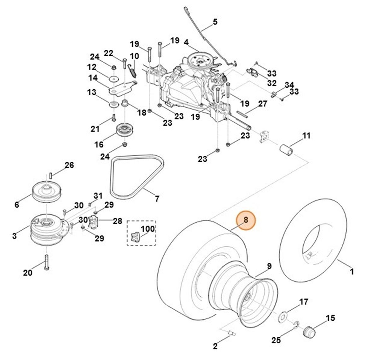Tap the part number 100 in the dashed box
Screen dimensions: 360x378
(148, 228)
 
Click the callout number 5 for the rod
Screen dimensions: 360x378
(215, 22)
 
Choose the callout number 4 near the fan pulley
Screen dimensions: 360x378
(186, 42)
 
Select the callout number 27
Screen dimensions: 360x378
(263, 104)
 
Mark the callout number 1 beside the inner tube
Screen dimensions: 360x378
(352, 271)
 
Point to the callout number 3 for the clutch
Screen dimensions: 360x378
(14, 235)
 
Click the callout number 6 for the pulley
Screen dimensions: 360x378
(17, 205)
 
